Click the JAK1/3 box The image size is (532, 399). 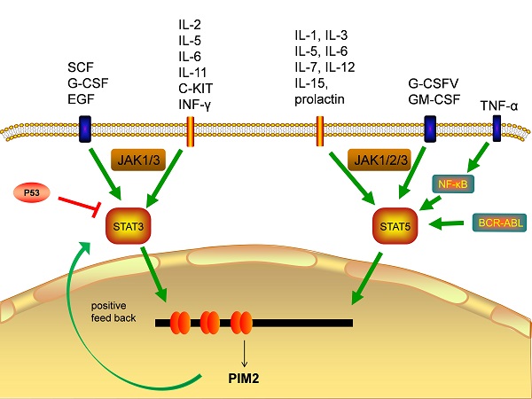click(x=135, y=160)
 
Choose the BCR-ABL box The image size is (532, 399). click(x=497, y=222)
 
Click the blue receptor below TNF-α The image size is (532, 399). click(x=497, y=129)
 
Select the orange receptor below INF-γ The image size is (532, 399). click(x=189, y=129)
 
